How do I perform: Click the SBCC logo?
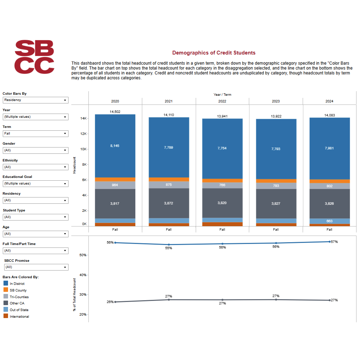[34, 57]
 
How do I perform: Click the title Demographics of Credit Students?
[214, 53]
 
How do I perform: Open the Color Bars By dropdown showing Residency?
[35, 100]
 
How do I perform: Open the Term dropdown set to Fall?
[35, 134]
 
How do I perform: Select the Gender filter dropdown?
[35, 150]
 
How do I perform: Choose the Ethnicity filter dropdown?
[35, 167]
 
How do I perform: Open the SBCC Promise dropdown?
[36, 267]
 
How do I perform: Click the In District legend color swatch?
[6, 283]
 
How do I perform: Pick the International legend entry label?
[19, 317]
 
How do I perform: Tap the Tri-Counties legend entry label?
[19, 297]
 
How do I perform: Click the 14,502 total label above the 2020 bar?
[115, 112]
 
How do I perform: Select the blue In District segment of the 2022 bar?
[222, 148]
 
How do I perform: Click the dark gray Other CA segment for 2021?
[169, 203]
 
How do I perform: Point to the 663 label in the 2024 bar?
[329, 221]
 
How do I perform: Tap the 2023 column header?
[276, 101]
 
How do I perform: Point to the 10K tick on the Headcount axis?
[84, 149]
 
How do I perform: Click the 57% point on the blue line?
[330, 242]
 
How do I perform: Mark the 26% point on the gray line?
[115, 302]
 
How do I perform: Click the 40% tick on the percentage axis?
[82, 275]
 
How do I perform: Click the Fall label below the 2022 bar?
[222, 230]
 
